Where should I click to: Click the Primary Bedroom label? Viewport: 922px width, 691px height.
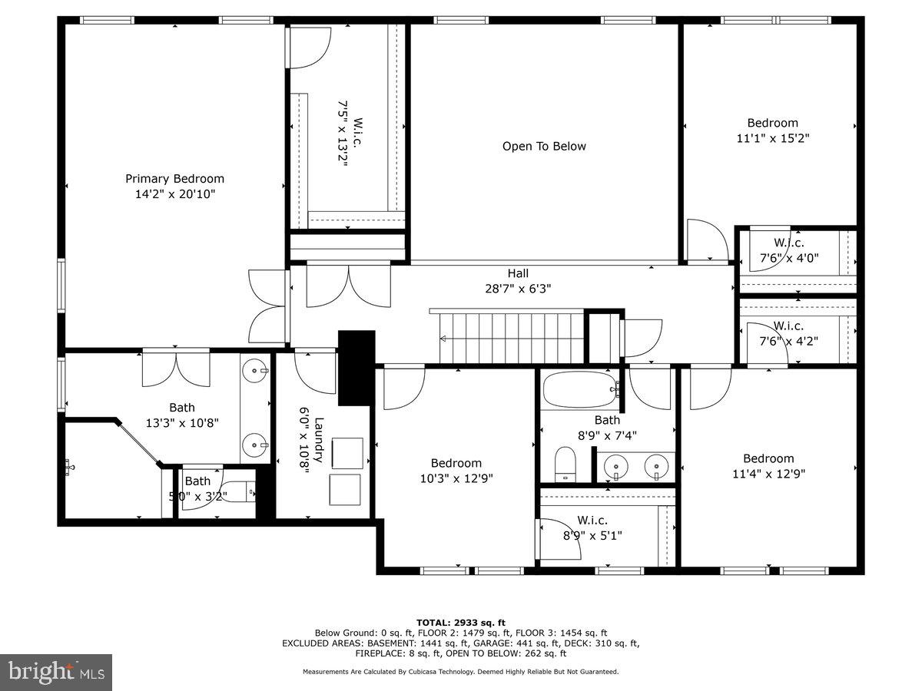click(x=174, y=179)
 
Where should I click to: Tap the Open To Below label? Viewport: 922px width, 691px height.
click(x=544, y=147)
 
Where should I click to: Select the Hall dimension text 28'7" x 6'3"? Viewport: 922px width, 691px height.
click(x=517, y=289)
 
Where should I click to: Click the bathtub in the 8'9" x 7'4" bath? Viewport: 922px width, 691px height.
click(x=580, y=389)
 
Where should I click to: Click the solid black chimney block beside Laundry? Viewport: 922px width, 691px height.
click(x=357, y=367)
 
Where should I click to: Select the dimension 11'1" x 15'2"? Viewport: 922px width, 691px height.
click(x=772, y=139)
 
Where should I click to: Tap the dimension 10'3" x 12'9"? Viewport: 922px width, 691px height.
click(x=456, y=478)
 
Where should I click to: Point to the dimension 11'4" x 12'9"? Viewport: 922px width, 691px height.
click(x=768, y=474)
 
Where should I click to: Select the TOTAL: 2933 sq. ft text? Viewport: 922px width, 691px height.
click(x=460, y=623)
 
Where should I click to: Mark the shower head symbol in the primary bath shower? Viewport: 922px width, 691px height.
click(x=70, y=465)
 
